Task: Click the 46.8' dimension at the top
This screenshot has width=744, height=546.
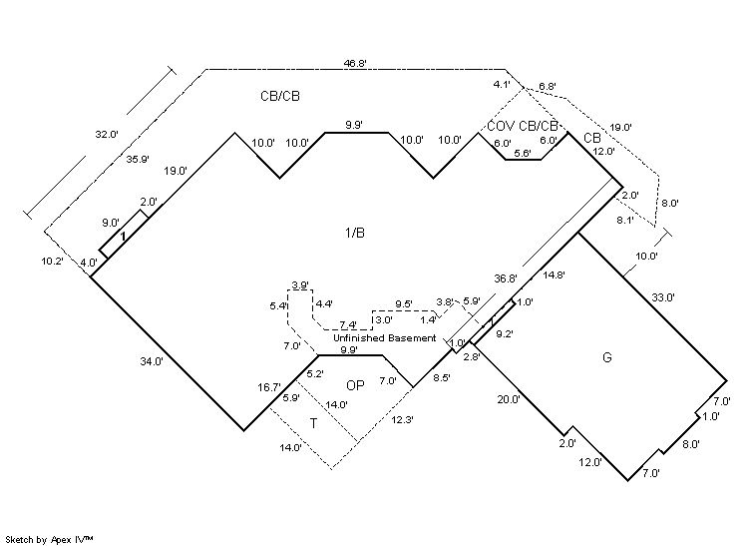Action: click(x=355, y=63)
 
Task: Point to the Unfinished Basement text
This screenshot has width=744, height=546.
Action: click(x=385, y=338)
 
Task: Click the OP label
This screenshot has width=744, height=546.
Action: click(x=355, y=385)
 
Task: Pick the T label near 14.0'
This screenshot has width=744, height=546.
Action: click(x=313, y=423)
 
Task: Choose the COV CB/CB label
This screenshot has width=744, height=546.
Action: click(x=523, y=126)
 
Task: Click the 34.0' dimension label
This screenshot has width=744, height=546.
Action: click(x=152, y=362)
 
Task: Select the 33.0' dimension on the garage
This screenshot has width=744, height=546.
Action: click(x=663, y=297)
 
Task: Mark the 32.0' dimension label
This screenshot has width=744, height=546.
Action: click(x=108, y=134)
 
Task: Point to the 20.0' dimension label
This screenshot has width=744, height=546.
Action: click(x=509, y=399)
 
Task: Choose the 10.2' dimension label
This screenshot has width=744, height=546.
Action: click(x=52, y=261)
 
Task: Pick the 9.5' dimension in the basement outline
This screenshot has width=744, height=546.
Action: click(x=404, y=303)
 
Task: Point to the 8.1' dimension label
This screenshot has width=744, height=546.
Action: click(x=626, y=220)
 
